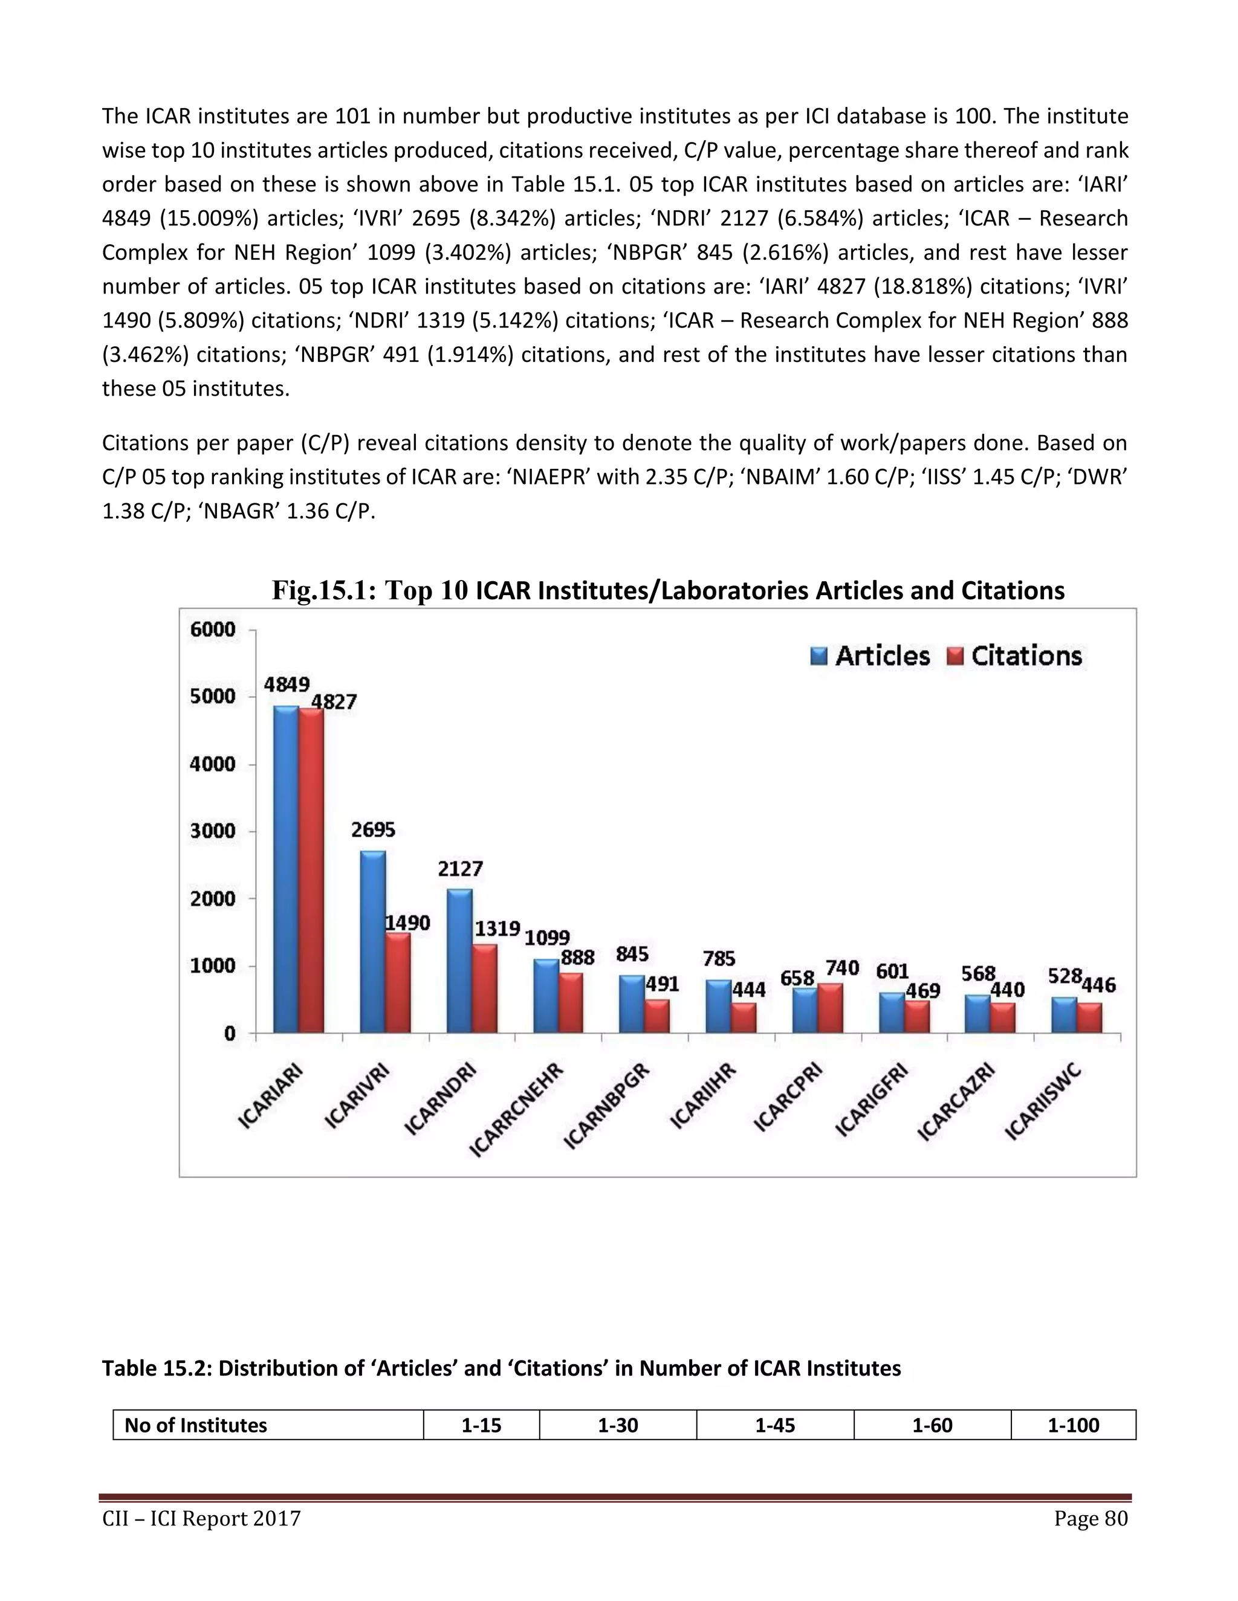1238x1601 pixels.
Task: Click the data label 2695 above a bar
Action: tap(372, 830)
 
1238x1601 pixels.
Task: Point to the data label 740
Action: tap(841, 968)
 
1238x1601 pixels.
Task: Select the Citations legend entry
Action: tap(1014, 656)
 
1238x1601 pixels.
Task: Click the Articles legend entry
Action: tap(870, 656)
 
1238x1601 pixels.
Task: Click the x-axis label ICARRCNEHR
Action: tap(516, 1109)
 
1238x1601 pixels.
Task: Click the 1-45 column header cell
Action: tap(774, 1425)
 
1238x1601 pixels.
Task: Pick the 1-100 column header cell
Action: tap(1072, 1425)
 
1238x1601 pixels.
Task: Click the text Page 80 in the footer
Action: tap(1090, 1518)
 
